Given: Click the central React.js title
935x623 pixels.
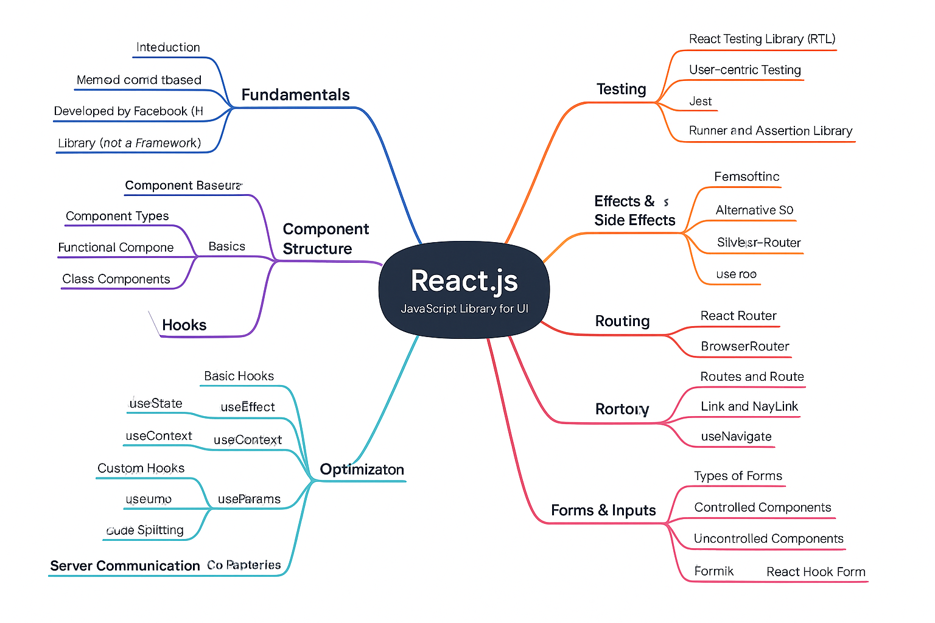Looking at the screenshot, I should coord(464,281).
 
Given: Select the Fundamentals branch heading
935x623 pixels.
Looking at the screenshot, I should coord(295,95).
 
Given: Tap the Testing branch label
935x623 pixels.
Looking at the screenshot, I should coord(621,89).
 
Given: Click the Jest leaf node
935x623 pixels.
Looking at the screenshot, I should coord(700,102).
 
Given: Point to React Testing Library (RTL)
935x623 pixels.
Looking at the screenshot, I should coord(762,39).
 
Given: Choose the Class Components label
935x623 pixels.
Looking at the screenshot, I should coord(116,279).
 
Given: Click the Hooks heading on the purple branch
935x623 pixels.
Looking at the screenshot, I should coord(184,325).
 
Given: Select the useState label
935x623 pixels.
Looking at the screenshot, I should coord(156,403).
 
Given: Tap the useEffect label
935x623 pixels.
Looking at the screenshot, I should coord(248,407).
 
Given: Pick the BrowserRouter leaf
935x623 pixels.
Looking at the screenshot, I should coord(744,346).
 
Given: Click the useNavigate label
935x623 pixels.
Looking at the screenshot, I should coord(736,436).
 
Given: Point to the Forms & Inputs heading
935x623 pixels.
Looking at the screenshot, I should coord(603,510).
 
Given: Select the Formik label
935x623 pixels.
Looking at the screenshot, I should coord(713,571).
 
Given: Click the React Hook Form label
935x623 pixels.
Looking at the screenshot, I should coord(815,572).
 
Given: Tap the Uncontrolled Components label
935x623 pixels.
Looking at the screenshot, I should coord(768,538).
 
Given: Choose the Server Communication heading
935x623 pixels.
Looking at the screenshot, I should coord(125,566).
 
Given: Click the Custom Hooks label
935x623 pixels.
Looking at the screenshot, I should coord(141,468).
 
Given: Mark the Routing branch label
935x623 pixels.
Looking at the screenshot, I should coord(622,321).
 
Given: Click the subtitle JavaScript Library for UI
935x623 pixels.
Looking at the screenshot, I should coord(464,309).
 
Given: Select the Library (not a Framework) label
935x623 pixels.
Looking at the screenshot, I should coord(129,143).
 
